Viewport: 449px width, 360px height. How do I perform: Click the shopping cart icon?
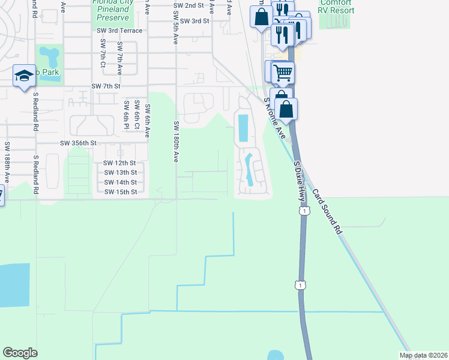pyautogui.click(x=283, y=73)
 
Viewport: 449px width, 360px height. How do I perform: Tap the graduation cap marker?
pyautogui.click(x=23, y=76)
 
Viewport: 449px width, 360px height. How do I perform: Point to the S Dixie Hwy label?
pyautogui.click(x=297, y=183)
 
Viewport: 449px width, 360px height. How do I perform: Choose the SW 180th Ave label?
pyautogui.click(x=176, y=142)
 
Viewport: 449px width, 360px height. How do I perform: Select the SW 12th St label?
pyautogui.click(x=119, y=163)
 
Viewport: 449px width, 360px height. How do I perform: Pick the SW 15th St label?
pyautogui.click(x=120, y=192)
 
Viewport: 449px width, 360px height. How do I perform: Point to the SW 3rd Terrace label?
pyautogui.click(x=119, y=31)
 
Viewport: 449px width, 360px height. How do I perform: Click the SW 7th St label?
pyautogui.click(x=106, y=86)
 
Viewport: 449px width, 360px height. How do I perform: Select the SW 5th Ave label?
pyautogui.click(x=175, y=30)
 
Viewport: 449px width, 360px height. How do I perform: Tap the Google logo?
pyautogui.click(x=20, y=353)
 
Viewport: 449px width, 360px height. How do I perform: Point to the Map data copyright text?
pyautogui.click(x=424, y=355)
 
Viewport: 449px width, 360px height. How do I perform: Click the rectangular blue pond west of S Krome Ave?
pyautogui.click(x=243, y=128)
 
